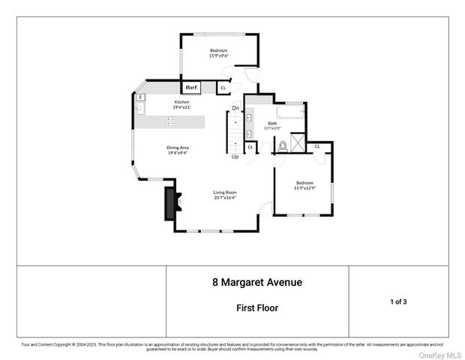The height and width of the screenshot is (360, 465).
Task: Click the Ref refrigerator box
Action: pyautogui.click(x=191, y=88)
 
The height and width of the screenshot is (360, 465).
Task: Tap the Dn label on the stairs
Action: pyautogui.click(x=235, y=108)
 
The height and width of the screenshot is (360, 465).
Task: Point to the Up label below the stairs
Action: pyautogui.click(x=235, y=157)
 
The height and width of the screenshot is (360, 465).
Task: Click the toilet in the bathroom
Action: pyautogui.click(x=283, y=145)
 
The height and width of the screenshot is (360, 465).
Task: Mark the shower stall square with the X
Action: pyautogui.click(x=298, y=142)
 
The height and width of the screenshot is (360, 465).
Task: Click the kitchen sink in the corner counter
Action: pyautogui.click(x=140, y=107)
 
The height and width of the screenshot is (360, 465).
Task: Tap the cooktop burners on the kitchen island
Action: pyautogui.click(x=171, y=121)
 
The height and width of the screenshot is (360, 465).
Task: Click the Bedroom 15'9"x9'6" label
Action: pyautogui.click(x=219, y=52)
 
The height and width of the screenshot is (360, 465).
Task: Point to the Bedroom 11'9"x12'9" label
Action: pyautogui.click(x=304, y=184)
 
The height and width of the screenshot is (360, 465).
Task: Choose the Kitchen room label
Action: pyautogui.click(x=181, y=104)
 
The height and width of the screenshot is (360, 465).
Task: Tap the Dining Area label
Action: pyautogui.click(x=178, y=150)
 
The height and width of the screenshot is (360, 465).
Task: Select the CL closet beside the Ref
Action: pyautogui.click(x=223, y=88)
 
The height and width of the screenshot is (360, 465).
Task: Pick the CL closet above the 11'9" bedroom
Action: pyautogui.click(x=317, y=146)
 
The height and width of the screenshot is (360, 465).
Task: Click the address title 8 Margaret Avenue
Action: pyautogui.click(x=256, y=283)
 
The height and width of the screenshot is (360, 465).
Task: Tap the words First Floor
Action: pyautogui.click(x=256, y=307)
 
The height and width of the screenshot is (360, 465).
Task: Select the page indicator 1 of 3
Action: pyautogui.click(x=398, y=301)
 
